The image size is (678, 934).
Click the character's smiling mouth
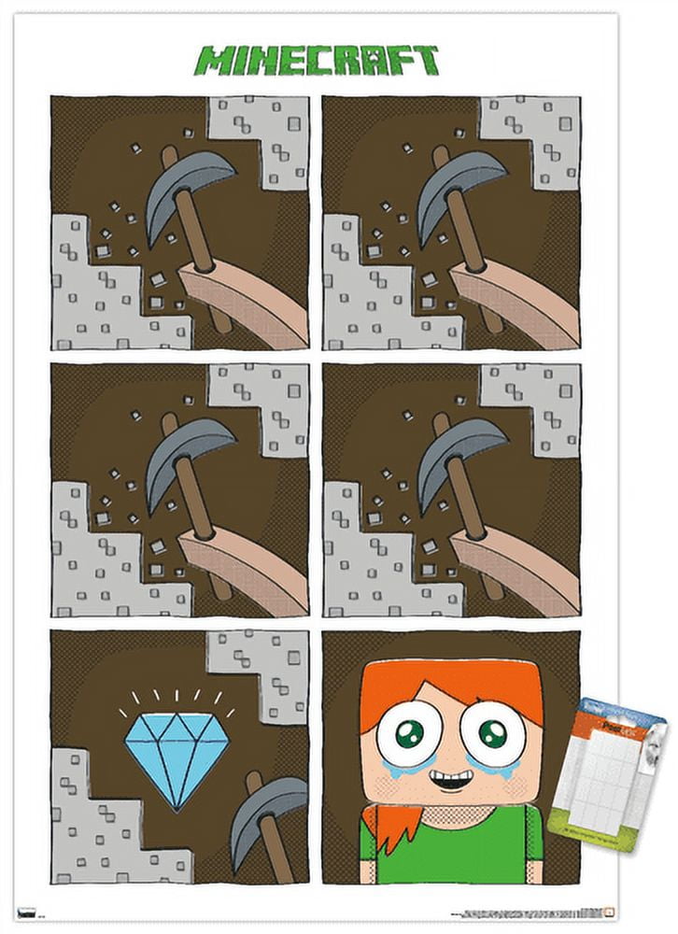450,776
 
